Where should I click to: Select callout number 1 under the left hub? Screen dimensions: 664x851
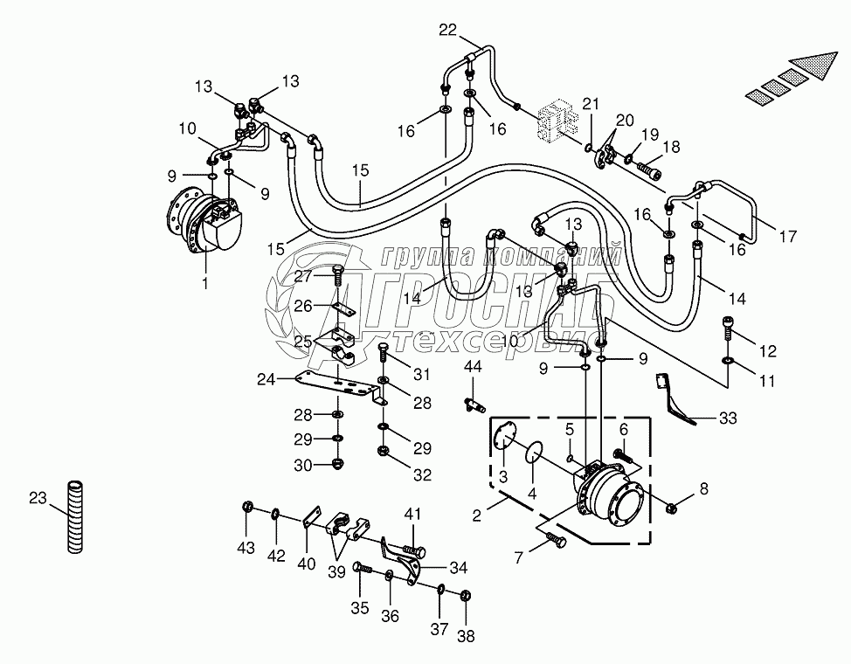206,282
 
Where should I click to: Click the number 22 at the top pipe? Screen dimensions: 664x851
447,31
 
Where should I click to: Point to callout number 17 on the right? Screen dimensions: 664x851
787,235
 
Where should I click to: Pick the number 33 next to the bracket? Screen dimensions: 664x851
728,418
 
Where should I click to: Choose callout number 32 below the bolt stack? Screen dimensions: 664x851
423,475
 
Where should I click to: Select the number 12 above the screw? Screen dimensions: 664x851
767,352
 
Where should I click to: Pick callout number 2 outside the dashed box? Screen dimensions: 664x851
476,515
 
